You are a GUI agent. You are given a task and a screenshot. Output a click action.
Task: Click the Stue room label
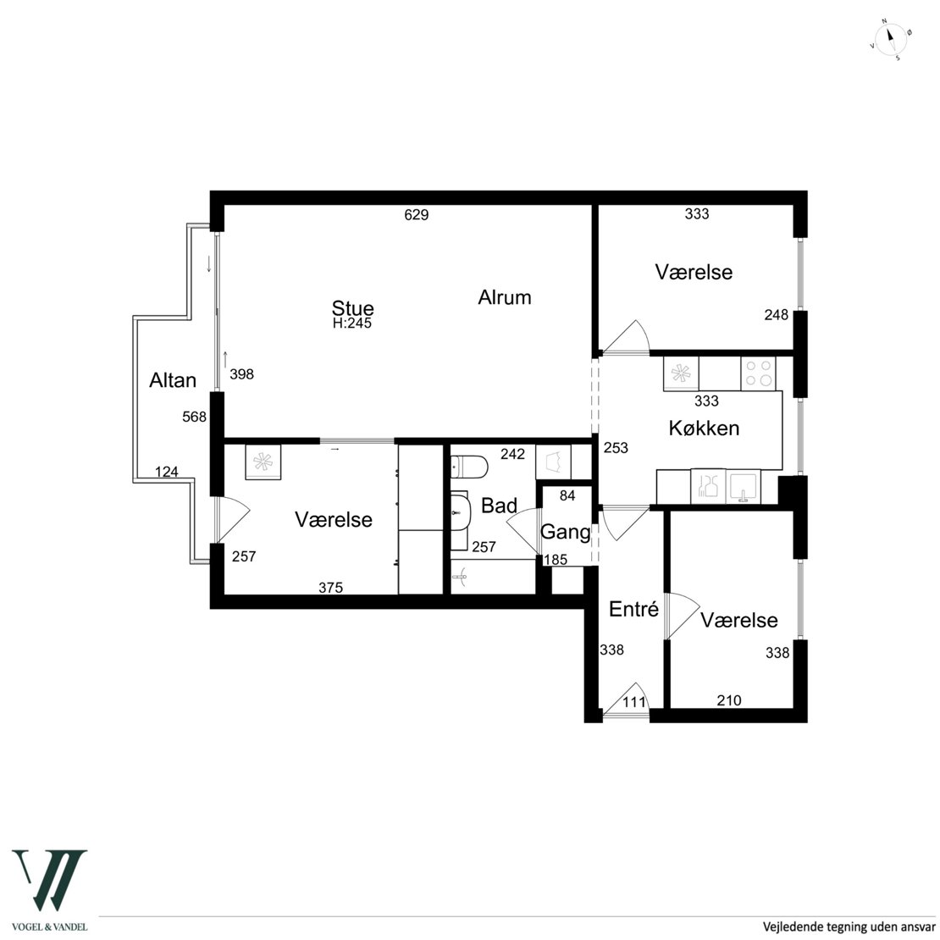352,308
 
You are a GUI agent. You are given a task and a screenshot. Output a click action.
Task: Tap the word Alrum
504,297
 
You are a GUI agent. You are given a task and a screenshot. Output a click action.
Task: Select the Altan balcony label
173,380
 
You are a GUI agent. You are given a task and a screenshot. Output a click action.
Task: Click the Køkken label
704,428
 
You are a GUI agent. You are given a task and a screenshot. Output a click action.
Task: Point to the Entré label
633,609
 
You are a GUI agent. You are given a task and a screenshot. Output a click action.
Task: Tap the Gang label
566,532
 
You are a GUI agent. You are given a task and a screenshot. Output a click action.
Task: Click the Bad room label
499,506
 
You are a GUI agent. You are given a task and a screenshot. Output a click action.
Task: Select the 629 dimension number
417,214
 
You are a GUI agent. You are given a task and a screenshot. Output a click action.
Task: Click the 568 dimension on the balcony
194,417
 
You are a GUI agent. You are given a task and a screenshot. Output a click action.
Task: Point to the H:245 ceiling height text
352,323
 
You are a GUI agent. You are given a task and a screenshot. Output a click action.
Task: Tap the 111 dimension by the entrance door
634,702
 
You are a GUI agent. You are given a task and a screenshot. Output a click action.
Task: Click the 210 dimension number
729,700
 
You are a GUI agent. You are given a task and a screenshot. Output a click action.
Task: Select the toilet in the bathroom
469,467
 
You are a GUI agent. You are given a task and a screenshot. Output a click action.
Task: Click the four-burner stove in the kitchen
758,374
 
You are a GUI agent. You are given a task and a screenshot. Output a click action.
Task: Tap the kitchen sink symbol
744,486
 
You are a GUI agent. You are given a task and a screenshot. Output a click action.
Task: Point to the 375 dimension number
331,588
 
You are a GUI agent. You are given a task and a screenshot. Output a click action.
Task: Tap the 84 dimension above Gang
567,495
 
